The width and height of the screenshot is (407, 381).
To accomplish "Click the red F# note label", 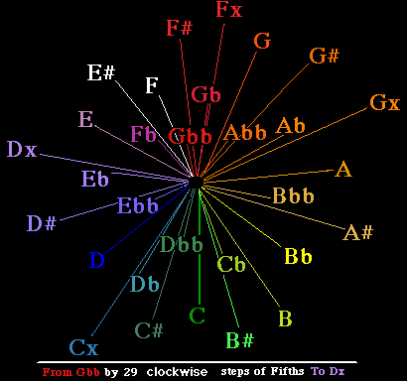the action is point(180,27).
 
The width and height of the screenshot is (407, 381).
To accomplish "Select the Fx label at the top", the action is point(229,11).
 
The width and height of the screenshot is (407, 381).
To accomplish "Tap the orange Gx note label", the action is point(384,102).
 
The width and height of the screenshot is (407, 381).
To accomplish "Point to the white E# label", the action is point(101,71).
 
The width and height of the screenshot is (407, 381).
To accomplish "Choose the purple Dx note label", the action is point(22,150).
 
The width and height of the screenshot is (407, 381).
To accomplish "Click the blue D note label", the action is point(96,261).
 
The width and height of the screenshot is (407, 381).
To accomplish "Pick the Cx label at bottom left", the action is point(83,348).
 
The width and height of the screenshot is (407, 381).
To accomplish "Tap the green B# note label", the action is point(240,341).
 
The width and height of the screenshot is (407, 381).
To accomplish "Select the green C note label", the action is point(198,317).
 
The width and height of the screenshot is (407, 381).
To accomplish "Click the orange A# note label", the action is point(358,233).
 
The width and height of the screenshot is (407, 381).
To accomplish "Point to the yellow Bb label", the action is point(299,257).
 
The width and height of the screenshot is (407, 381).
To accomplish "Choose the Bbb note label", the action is point(294,194).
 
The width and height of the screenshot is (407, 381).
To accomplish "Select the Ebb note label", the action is point(138,207).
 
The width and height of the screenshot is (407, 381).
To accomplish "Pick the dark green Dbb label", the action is point(182,245).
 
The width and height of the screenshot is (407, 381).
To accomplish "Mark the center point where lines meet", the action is point(198,182).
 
